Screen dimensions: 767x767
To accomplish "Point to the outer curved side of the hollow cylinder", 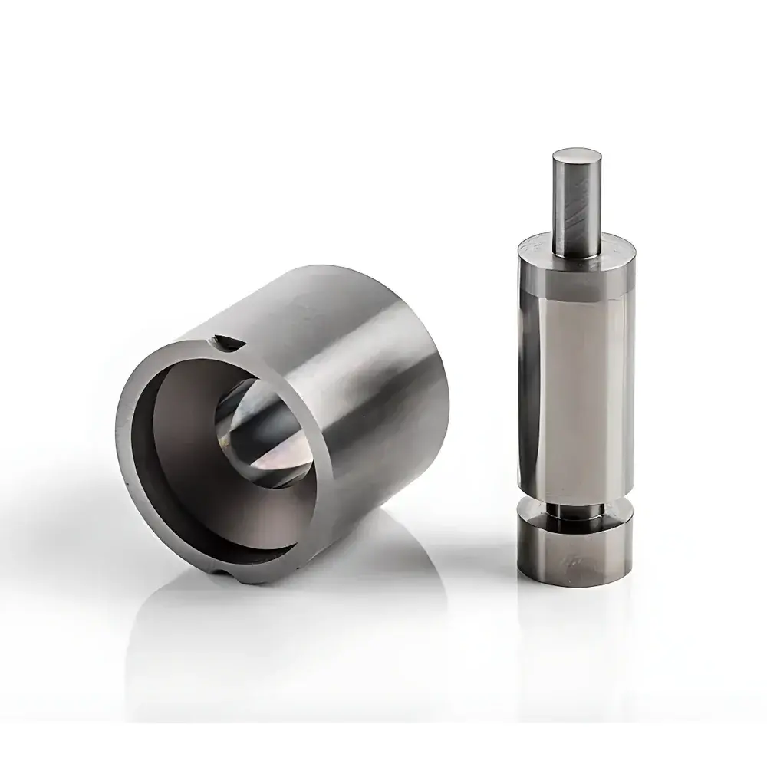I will point(368,383).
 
